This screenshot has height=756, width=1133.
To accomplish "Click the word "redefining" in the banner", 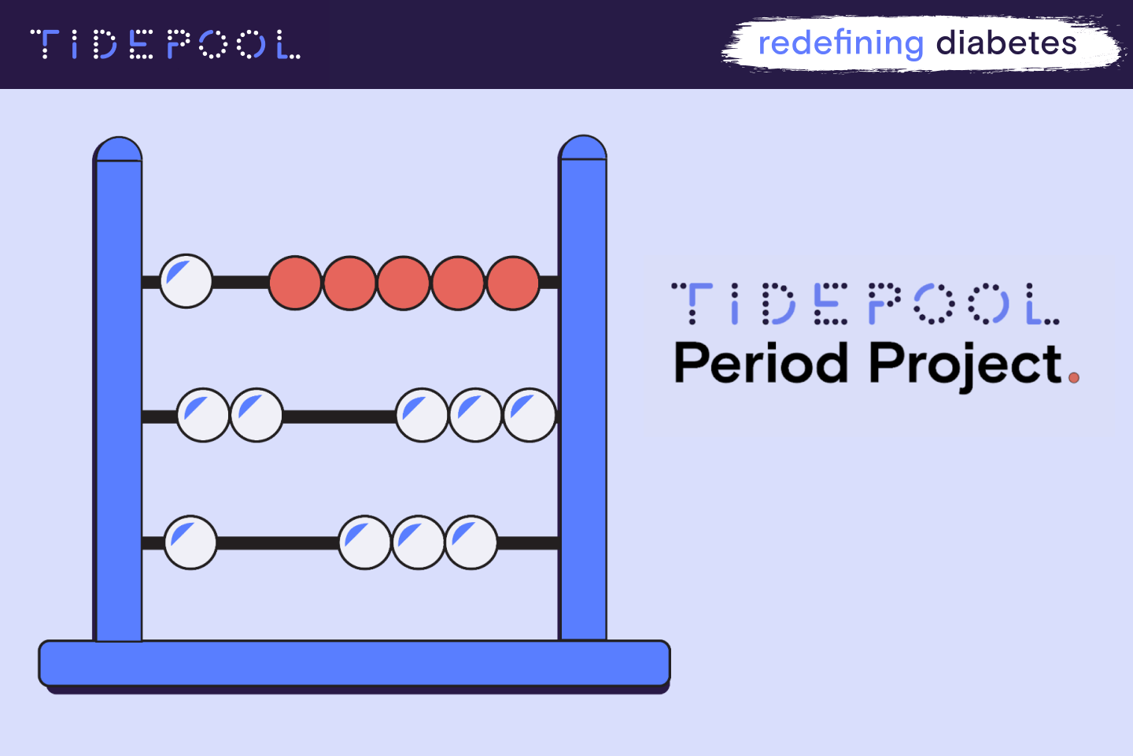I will (840, 43).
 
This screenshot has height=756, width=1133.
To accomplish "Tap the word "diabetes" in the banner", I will (1006, 43).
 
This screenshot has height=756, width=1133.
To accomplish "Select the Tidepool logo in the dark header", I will (165, 45).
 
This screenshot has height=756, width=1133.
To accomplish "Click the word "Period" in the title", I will (761, 364).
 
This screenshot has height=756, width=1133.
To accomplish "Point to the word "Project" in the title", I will (965, 365).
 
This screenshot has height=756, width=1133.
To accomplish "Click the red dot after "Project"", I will (1074, 377).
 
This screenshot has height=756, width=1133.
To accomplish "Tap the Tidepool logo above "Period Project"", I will (865, 304).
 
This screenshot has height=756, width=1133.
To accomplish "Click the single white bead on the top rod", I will (186, 281).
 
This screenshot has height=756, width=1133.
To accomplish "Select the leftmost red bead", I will (295, 283).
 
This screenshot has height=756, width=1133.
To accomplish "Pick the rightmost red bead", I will (513, 283).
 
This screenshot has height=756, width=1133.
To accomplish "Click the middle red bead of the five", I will (404, 283).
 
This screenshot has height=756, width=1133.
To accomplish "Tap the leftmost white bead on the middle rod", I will (203, 415).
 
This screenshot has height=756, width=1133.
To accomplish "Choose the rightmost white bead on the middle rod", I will (530, 415).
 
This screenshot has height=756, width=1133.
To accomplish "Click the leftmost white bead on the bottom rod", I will (190, 543).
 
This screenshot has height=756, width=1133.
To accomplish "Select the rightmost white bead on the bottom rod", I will (471, 543).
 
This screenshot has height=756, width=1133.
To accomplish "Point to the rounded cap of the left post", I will (118, 150).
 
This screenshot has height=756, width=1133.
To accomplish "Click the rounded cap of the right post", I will (582, 148).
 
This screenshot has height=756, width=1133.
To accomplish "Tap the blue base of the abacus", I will (354, 663).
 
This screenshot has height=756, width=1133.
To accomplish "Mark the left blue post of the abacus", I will (118, 394).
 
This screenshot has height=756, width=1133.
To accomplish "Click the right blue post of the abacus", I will (583, 394).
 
